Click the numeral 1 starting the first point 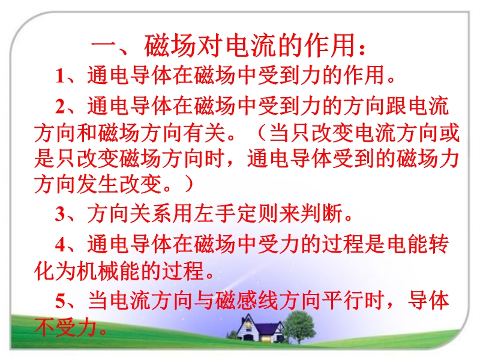coord(60,76)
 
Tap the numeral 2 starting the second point coord(60,107)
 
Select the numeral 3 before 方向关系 coord(60,214)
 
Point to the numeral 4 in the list coord(60,244)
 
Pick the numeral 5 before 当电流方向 coord(60,301)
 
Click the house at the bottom coord(260,328)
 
